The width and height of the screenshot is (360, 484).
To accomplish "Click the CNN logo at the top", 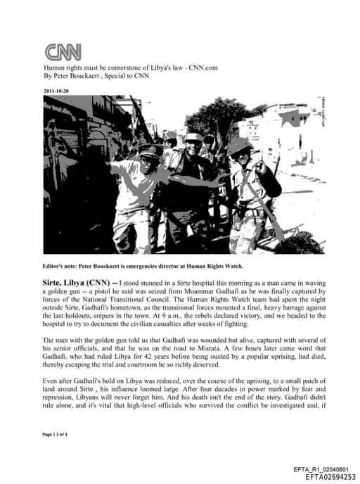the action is pos(63,51).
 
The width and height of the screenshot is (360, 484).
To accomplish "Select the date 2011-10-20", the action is pos(56,90).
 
